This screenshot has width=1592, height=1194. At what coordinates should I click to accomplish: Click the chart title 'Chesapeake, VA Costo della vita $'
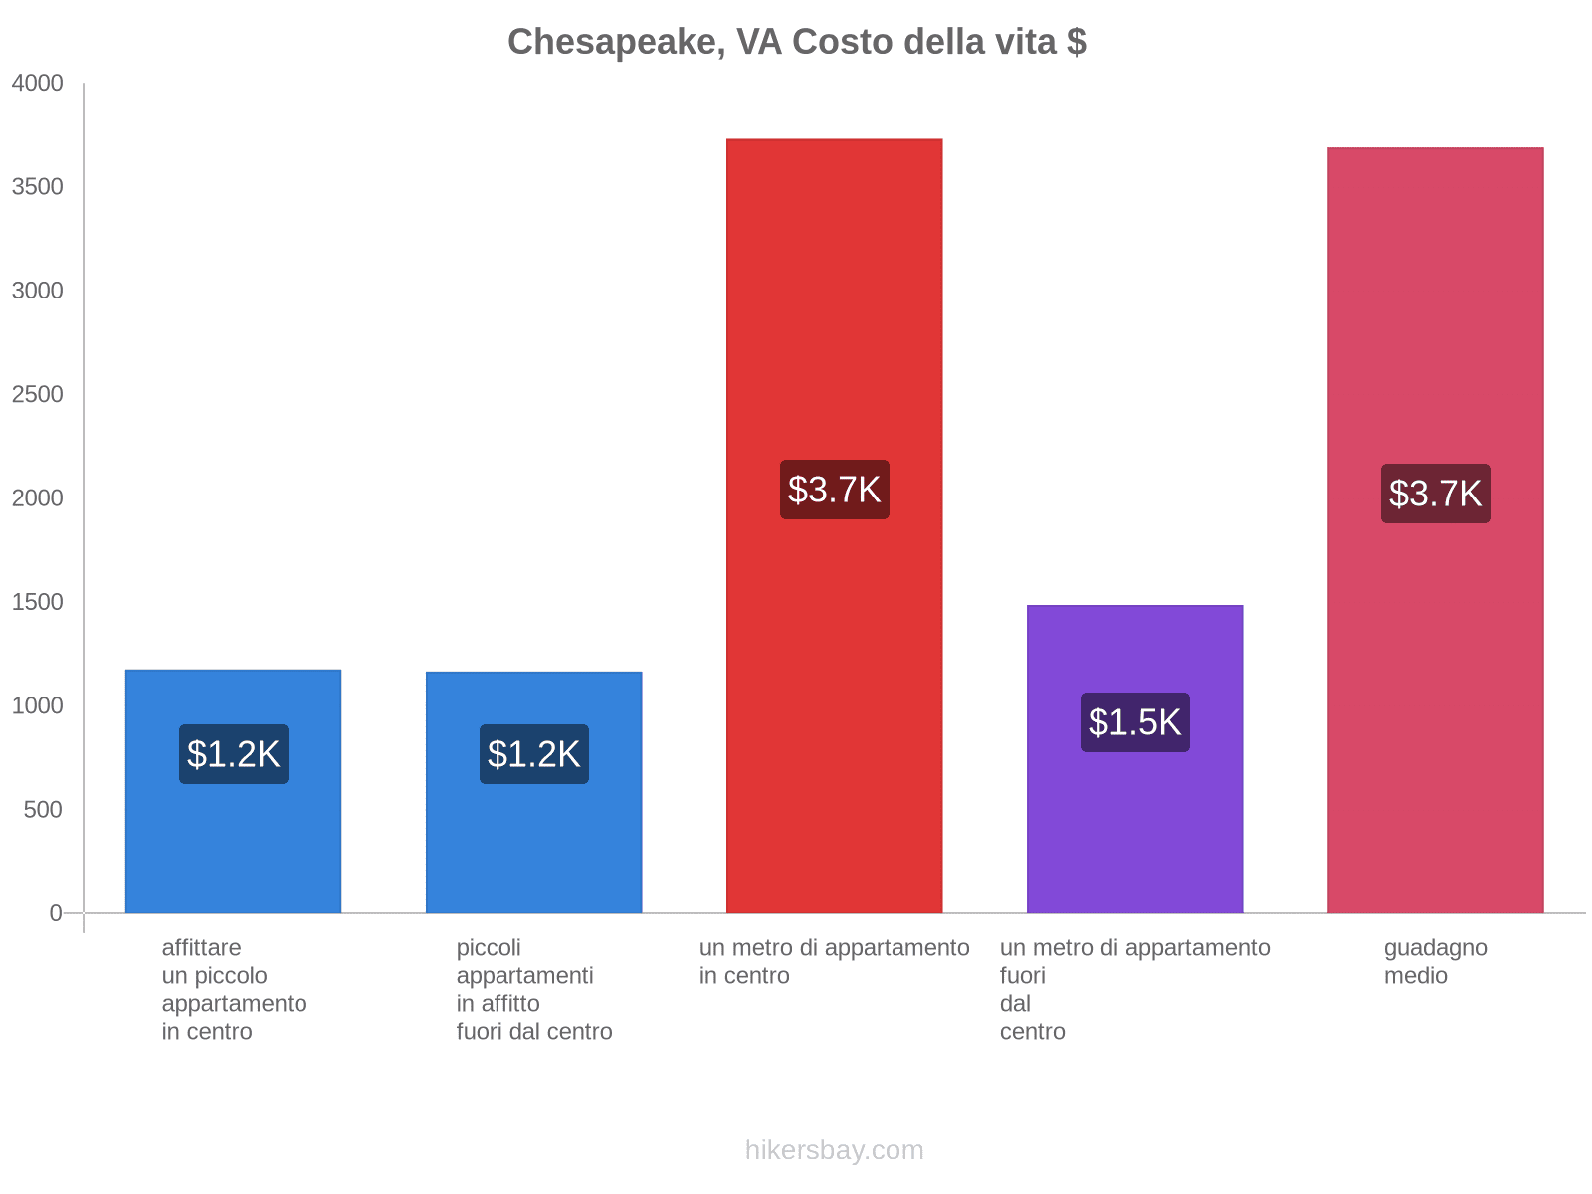coord(796,42)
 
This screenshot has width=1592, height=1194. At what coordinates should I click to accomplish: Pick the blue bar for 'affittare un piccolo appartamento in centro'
coord(233,846)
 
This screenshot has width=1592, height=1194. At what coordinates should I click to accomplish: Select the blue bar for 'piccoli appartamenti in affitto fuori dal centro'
coord(533,846)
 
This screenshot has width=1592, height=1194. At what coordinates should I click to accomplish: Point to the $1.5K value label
coord(1134,722)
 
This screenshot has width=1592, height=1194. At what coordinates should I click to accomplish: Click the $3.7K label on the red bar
coord(834,490)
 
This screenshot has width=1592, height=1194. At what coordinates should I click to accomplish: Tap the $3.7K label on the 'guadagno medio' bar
coord(1435,494)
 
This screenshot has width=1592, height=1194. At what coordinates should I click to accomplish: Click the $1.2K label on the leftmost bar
coord(233,754)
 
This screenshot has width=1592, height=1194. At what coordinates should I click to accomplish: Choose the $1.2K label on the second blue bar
coord(533,754)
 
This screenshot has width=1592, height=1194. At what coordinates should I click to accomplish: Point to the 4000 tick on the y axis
coord(38,84)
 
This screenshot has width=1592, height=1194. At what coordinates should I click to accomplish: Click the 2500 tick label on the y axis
coord(38,395)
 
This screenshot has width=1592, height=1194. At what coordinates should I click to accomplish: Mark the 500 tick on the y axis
coord(44,810)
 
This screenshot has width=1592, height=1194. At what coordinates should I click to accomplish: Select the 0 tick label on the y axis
coord(56,913)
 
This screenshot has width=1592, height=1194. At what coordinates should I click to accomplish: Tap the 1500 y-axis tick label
coord(38,602)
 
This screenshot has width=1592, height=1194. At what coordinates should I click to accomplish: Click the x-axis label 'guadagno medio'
coord(1435,961)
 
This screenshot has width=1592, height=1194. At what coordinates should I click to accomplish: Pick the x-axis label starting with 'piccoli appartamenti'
coord(533,989)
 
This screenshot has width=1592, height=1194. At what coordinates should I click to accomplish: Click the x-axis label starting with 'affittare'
coord(234,989)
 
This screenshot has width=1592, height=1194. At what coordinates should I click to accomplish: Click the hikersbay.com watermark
coord(834,1150)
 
